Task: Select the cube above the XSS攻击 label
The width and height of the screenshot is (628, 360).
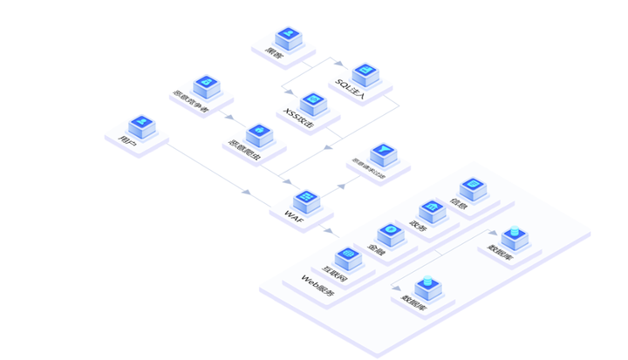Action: [x=313, y=104]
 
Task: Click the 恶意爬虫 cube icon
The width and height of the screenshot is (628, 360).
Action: [x=256, y=134]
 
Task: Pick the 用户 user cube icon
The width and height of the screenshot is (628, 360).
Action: [x=140, y=126]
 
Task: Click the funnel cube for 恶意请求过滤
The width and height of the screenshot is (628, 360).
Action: [x=382, y=156]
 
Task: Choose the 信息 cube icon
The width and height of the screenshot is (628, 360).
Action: [x=472, y=187]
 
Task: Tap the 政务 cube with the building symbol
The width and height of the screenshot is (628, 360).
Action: [x=430, y=210]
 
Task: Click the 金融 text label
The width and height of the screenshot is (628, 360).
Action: [x=376, y=249]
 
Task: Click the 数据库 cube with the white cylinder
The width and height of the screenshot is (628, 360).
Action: [x=513, y=236]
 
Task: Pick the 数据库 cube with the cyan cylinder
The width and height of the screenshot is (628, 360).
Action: [x=427, y=286]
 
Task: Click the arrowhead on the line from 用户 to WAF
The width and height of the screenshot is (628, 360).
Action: [x=248, y=192]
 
